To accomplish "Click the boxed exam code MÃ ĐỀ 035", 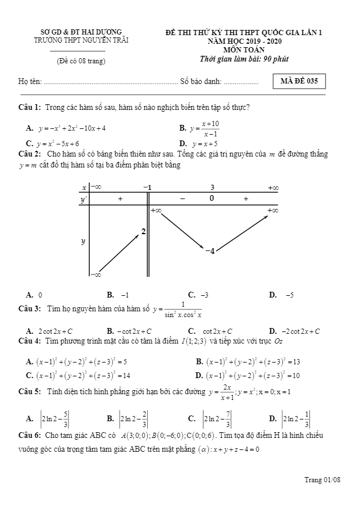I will (298, 81).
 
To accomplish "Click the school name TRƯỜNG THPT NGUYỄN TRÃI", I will (81, 40).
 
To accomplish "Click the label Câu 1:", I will (29, 108).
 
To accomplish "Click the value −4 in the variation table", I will (210, 251).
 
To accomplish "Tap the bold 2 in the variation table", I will (143, 231).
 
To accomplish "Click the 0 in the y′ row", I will (212, 199).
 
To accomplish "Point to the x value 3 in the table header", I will (212, 188).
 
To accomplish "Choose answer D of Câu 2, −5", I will (289, 295).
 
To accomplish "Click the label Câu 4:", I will (29, 341).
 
